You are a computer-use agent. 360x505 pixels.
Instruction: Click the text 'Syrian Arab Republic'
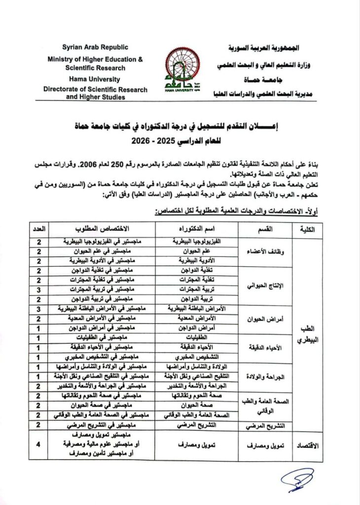coord(95,47)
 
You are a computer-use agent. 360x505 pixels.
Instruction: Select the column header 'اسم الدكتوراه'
coord(197,230)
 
